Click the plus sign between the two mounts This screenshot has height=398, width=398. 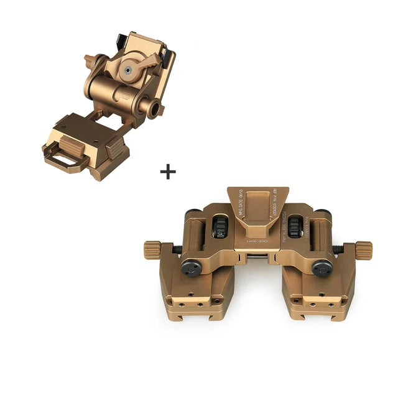167,172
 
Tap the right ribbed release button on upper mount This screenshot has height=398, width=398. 116,149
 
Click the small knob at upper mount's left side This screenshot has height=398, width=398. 90,60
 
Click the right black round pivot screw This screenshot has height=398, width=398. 321,267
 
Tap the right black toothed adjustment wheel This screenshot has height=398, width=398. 296,227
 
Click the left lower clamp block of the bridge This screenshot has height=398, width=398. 197,295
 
